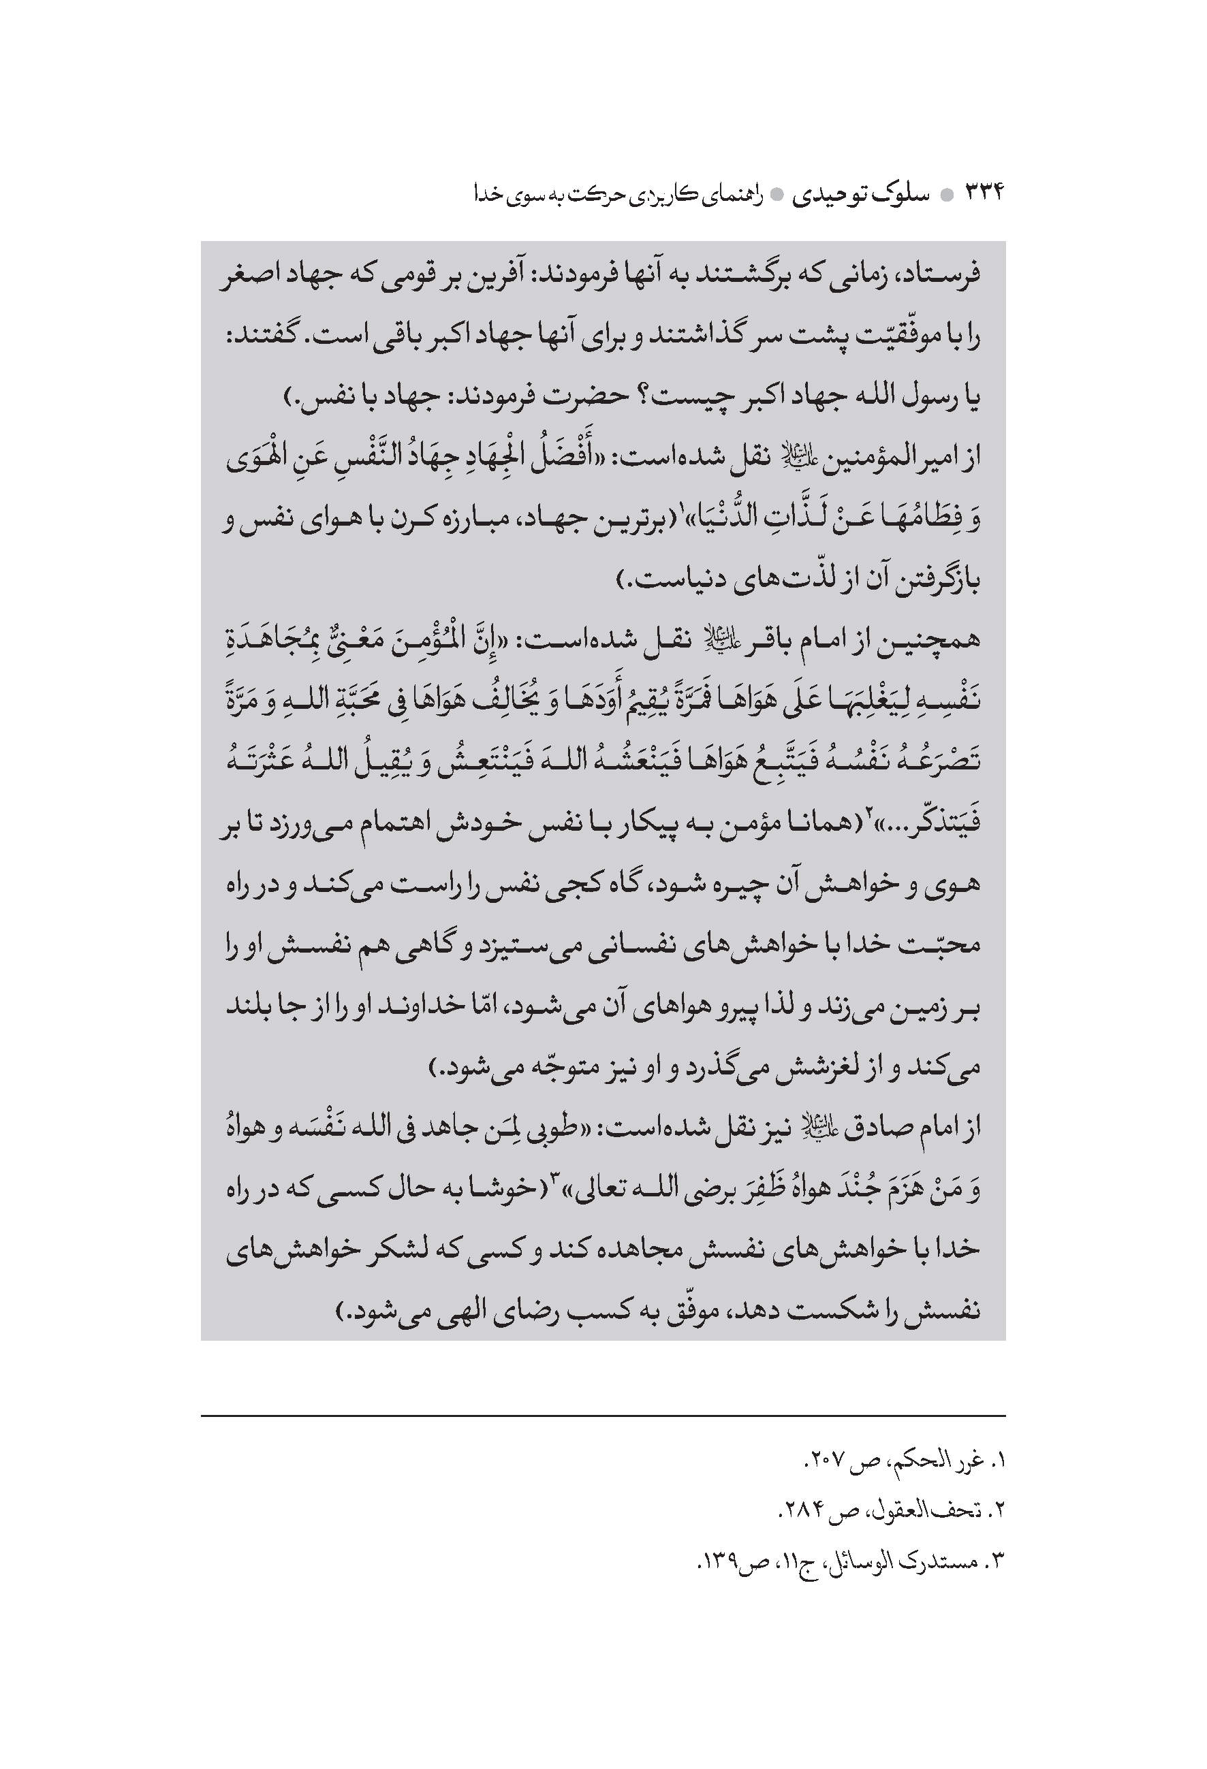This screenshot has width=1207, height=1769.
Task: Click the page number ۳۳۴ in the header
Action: [x=986, y=195]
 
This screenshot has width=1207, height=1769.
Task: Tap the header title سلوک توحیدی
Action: [x=860, y=195]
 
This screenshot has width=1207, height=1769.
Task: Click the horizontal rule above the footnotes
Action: [x=603, y=1416]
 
